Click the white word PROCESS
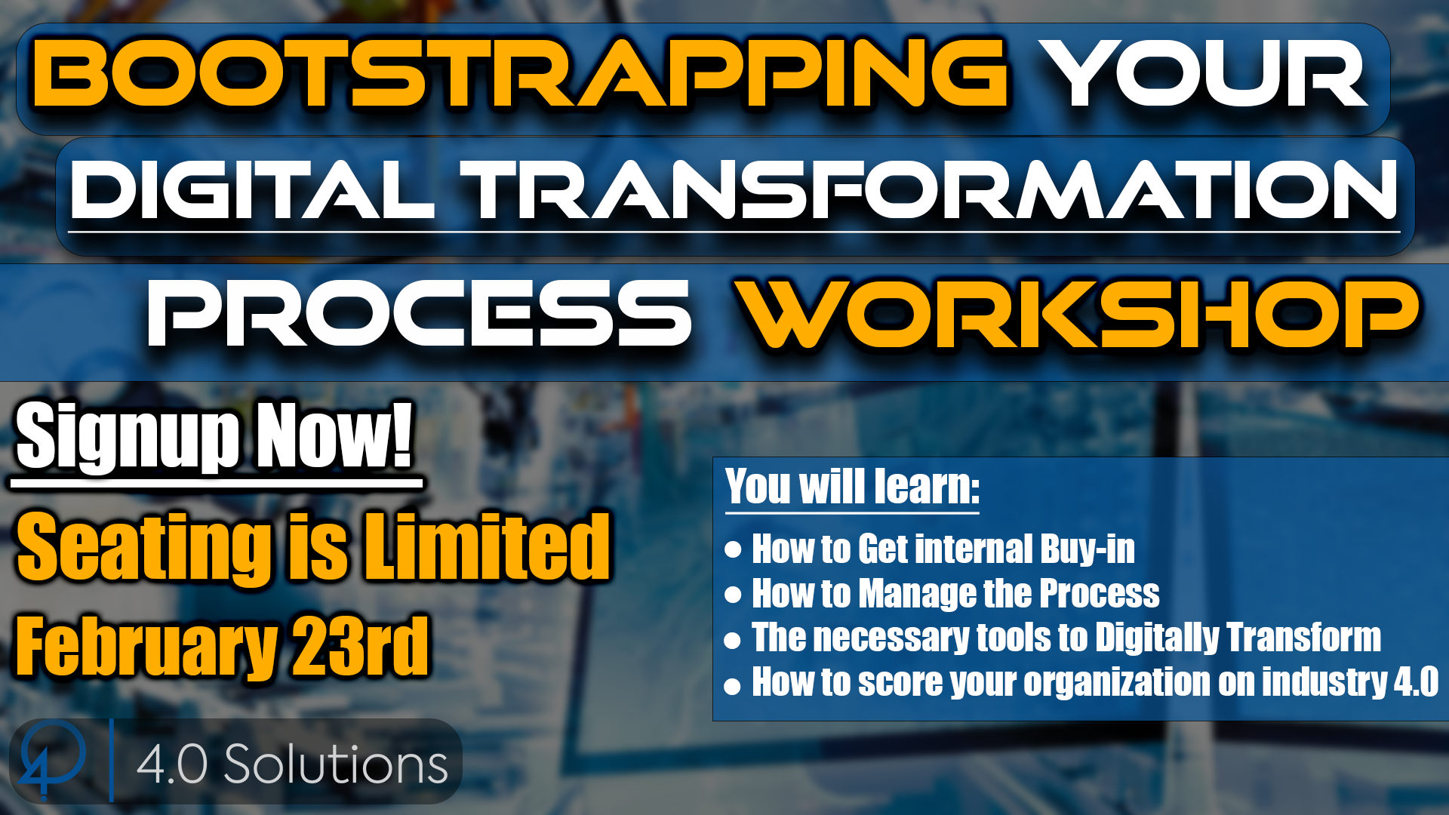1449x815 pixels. coord(420,313)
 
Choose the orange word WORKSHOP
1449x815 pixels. coord(1079,313)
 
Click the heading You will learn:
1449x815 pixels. coord(853,487)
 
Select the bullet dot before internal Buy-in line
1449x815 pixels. coord(733,549)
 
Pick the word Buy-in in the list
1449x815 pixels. coord(1088,549)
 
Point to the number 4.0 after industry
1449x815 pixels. coord(1417,681)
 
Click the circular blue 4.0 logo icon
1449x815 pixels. coord(51,759)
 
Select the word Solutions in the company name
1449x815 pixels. coord(336,764)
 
